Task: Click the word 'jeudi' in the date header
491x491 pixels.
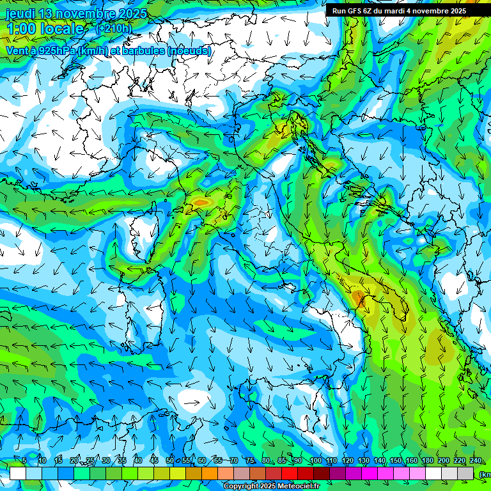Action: pyautogui.click(x=19, y=13)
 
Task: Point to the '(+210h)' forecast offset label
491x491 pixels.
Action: pyautogui.click(x=114, y=28)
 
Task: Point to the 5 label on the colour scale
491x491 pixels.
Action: pyautogui.click(x=24, y=461)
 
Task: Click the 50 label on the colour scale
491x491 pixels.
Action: pyautogui.click(x=169, y=461)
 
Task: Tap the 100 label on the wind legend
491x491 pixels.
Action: pyautogui.click(x=315, y=461)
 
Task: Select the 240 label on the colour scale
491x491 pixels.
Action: pyautogui.click(x=475, y=461)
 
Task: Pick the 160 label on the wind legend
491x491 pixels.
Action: pyautogui.click(x=411, y=461)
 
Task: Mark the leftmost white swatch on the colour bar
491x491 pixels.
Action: pyautogui.click(x=18, y=473)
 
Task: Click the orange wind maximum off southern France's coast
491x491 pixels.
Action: pyautogui.click(x=201, y=203)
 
